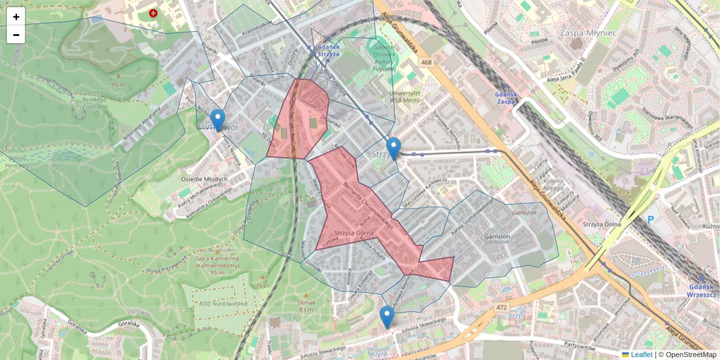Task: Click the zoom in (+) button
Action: [16, 17]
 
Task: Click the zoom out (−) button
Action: [16, 35]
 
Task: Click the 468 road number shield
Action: [426, 62]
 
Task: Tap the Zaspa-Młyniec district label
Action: [587, 32]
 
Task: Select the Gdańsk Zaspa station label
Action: [506, 98]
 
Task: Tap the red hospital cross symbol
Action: [154, 13]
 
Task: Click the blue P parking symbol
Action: [650, 220]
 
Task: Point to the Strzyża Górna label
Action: [354, 233]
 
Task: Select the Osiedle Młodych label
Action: [204, 179]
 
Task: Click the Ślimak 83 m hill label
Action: [306, 306]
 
